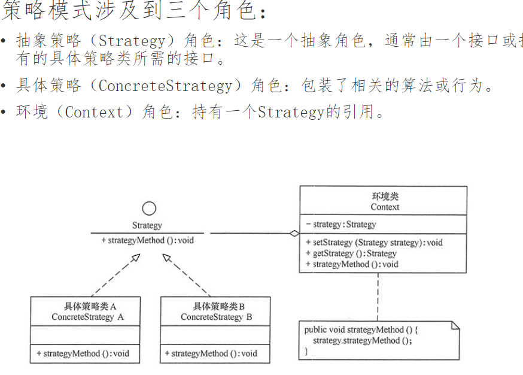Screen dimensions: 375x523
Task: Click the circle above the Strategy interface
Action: (149, 208)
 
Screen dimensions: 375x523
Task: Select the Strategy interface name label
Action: (147, 226)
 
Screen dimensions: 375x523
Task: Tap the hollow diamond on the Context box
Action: (294, 234)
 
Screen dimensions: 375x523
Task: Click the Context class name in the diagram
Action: (385, 207)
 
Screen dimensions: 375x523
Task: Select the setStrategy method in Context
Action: (374, 243)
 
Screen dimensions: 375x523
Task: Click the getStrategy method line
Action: (351, 253)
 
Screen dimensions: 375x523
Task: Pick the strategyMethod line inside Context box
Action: (352, 264)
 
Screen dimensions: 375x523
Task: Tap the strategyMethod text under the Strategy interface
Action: (148, 241)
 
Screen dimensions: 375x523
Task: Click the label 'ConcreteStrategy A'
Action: (87, 317)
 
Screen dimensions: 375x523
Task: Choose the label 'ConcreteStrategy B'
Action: (216, 317)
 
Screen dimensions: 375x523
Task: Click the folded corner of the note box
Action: (455, 325)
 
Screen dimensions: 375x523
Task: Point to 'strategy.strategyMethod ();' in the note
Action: (363, 340)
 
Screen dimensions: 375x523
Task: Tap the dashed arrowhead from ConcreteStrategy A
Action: (136, 258)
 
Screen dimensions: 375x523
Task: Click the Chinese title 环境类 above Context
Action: (385, 196)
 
